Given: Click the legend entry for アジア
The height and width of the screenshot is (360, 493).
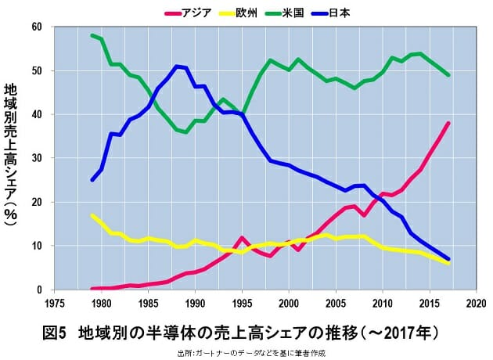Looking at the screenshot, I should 191,13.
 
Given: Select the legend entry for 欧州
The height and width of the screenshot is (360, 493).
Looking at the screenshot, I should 255,13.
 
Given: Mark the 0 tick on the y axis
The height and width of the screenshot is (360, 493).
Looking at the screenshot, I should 38,290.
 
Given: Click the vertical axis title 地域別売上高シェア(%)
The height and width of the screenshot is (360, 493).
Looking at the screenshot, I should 11,157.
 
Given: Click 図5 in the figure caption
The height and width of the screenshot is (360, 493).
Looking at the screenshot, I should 54,332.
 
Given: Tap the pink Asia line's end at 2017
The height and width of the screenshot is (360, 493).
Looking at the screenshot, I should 448,123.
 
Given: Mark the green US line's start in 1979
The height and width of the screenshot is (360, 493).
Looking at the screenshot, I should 92,35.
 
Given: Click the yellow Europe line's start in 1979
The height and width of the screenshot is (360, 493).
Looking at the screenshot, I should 92,215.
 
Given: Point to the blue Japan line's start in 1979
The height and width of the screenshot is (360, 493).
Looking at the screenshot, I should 92,180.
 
